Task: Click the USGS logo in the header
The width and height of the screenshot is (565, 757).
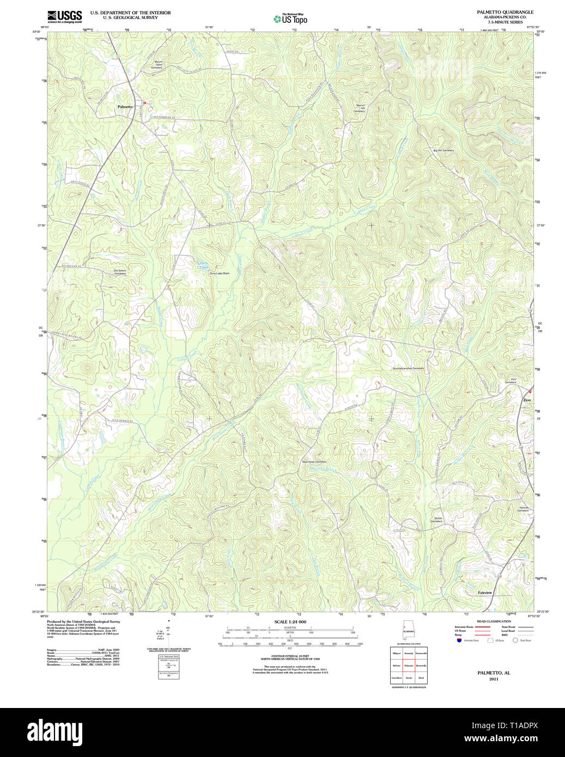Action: point(64,16)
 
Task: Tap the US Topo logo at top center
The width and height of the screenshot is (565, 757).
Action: point(290,19)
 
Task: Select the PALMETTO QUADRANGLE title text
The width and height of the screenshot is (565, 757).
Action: point(505,12)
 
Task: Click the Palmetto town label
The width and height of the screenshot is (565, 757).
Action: point(125,107)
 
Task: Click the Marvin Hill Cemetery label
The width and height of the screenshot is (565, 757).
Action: point(359,109)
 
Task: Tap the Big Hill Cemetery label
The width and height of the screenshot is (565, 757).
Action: point(443,150)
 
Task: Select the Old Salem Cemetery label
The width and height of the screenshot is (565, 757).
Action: point(120,272)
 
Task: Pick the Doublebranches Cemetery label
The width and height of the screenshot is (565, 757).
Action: point(408,368)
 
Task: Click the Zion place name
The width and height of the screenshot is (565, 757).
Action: point(527,400)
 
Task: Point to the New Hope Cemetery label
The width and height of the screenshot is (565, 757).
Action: point(314,462)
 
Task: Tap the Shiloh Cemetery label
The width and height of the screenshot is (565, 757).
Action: point(437,520)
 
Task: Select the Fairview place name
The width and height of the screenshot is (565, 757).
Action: point(485,593)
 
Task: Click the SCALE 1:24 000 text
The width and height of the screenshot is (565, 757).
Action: point(290,622)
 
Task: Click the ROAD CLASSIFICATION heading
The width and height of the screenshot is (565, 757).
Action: point(494,621)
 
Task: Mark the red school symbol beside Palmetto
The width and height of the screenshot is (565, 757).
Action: point(144,102)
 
